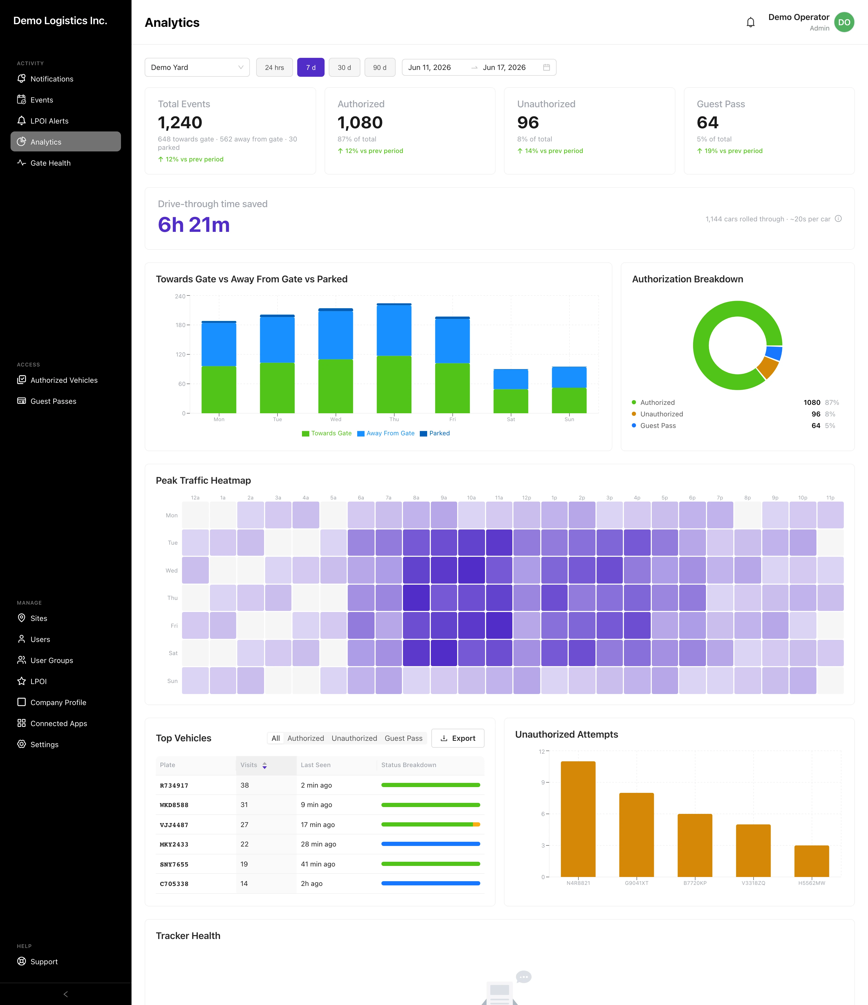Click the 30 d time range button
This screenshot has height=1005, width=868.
pos(344,67)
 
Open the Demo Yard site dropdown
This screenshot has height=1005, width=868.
pos(197,67)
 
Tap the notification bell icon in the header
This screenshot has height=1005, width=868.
pos(750,22)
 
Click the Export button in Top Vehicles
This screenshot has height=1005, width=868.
pos(457,738)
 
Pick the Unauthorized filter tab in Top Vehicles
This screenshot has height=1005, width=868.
pos(354,738)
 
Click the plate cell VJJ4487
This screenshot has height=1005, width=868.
pos(174,825)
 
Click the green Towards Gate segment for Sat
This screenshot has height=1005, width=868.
pos(511,401)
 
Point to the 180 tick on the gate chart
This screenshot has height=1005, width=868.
pos(180,325)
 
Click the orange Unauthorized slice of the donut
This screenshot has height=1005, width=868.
pos(768,367)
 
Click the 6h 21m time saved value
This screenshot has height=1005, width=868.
pos(194,225)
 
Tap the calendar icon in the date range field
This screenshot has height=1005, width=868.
pos(546,67)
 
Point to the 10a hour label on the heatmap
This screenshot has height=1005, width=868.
pos(471,498)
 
